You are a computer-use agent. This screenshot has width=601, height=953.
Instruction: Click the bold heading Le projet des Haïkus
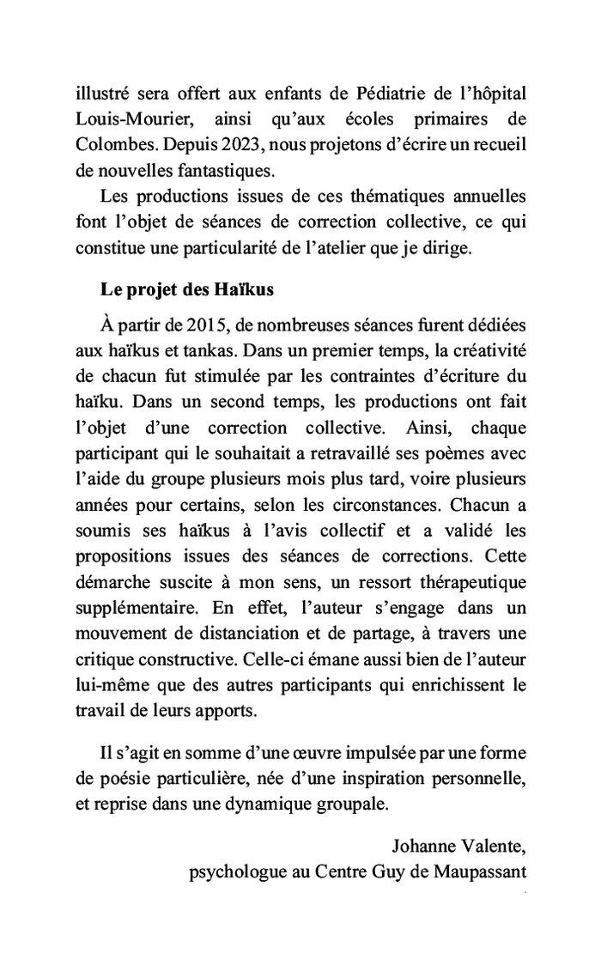point(186,289)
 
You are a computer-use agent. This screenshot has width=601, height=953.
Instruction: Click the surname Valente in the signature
point(493,847)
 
